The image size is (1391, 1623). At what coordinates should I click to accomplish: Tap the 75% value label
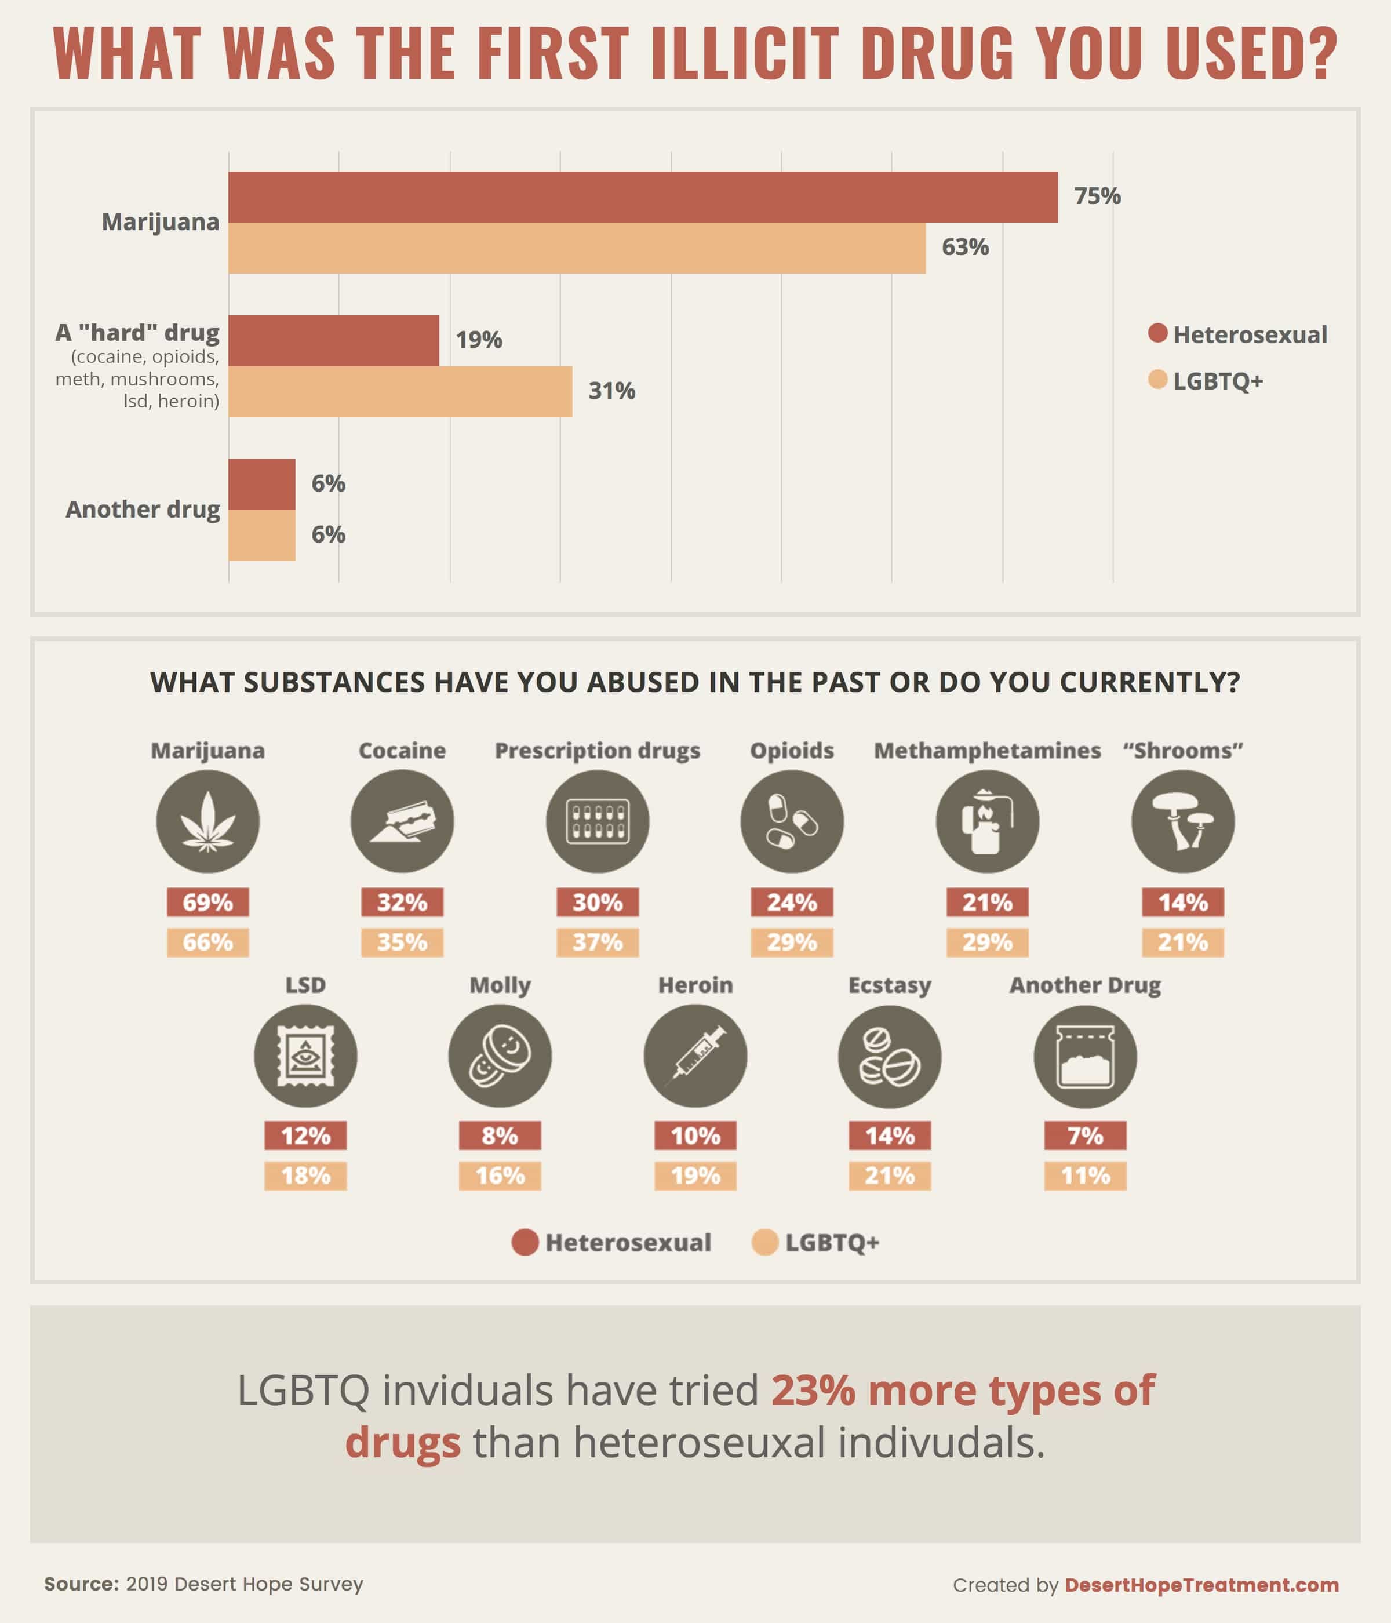tap(1097, 196)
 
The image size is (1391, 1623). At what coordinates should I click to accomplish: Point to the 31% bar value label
tap(611, 390)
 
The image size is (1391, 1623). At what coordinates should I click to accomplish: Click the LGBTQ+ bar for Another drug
tap(261, 535)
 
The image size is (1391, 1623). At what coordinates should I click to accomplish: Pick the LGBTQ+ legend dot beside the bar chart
tap(1157, 380)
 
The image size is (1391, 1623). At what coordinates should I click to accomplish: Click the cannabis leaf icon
tap(207, 821)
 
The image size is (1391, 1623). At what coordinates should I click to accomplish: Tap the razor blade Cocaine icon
tap(402, 821)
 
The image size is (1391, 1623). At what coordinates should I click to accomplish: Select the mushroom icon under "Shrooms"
tap(1183, 821)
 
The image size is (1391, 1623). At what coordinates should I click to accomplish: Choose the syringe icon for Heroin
tap(695, 1056)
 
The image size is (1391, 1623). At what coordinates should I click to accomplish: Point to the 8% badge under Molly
tap(500, 1136)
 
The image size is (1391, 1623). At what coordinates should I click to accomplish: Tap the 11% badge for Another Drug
tap(1085, 1176)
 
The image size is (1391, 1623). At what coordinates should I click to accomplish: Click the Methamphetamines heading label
tap(987, 751)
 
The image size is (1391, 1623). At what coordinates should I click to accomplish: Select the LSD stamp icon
tap(305, 1056)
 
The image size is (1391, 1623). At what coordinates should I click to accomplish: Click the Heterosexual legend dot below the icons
tap(525, 1242)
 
